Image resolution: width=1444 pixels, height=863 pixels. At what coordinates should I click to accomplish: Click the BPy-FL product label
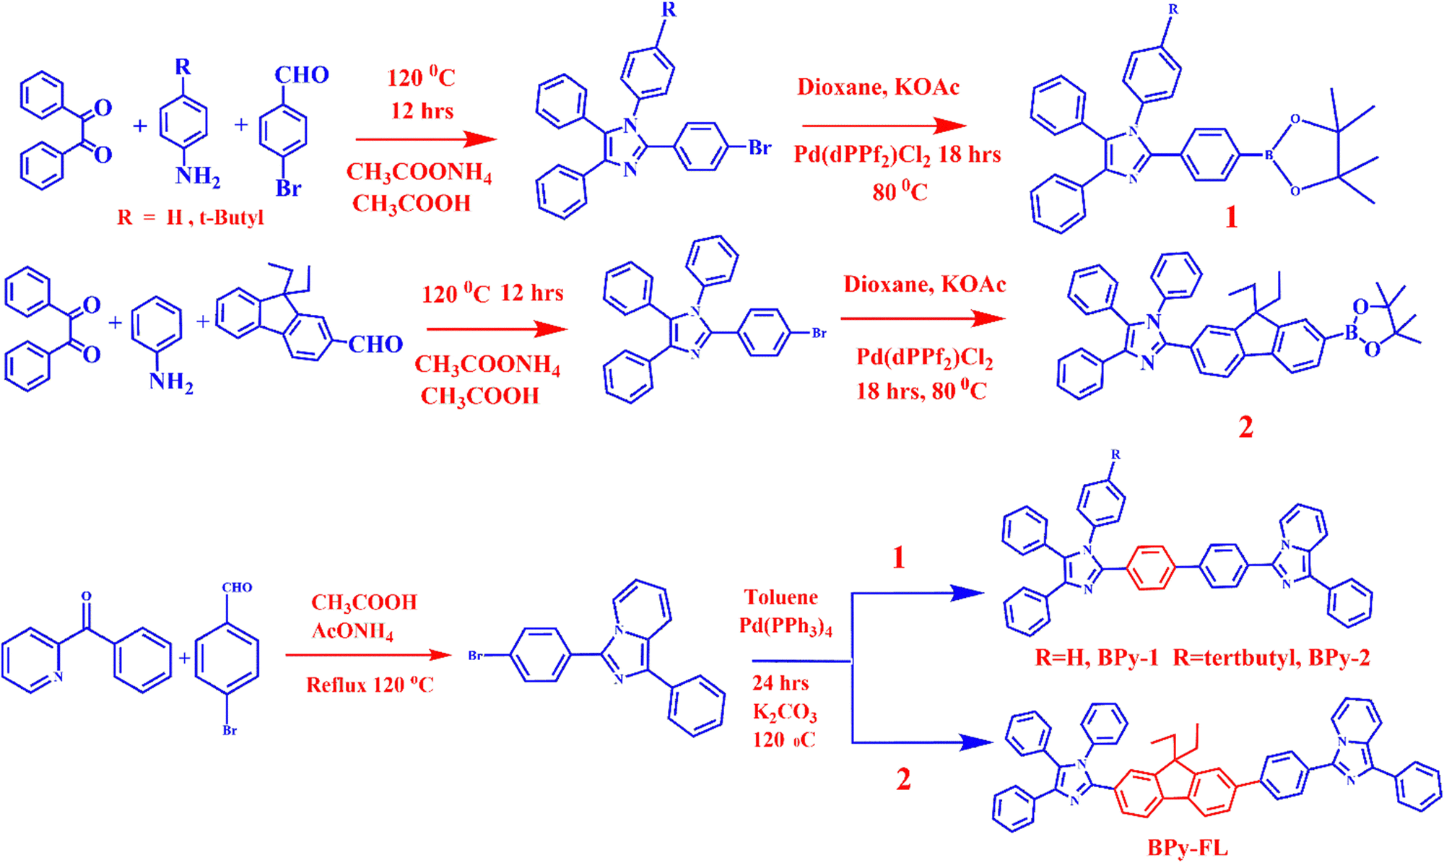[x=1188, y=847]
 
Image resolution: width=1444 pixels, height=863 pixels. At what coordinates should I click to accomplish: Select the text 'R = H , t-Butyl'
[x=191, y=217]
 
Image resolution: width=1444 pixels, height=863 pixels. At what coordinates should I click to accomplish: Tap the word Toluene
[x=781, y=597]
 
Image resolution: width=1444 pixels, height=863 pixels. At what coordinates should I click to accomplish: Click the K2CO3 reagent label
[x=785, y=713]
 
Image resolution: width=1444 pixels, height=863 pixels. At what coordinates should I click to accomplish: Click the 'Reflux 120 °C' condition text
[x=370, y=685]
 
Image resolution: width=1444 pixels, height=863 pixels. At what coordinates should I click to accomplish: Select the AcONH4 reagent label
[x=352, y=632]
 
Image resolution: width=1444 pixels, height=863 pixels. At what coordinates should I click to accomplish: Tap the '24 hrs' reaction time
[x=780, y=682]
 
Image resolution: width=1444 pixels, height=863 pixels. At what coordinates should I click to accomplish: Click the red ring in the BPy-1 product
[x=1150, y=568]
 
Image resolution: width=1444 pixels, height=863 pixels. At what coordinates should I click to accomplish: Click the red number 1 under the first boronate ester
[x=1231, y=217]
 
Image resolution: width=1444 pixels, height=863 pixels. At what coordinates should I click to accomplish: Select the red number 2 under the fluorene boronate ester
[x=1245, y=428]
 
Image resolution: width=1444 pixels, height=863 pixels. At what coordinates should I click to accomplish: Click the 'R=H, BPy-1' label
[x=1097, y=658]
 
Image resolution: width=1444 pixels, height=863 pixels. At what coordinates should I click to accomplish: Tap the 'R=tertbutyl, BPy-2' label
[x=1271, y=658]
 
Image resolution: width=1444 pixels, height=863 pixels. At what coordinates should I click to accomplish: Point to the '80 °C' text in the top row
[x=900, y=191]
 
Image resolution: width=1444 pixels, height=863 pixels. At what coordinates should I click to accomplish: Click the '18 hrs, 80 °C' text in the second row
[x=921, y=391]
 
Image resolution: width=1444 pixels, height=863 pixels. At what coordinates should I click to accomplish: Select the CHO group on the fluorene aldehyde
[x=375, y=344]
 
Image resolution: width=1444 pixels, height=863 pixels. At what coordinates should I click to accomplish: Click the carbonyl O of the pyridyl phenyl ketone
[x=87, y=597]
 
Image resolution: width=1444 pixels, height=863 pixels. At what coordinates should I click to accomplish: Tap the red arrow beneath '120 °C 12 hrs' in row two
[x=497, y=329]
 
